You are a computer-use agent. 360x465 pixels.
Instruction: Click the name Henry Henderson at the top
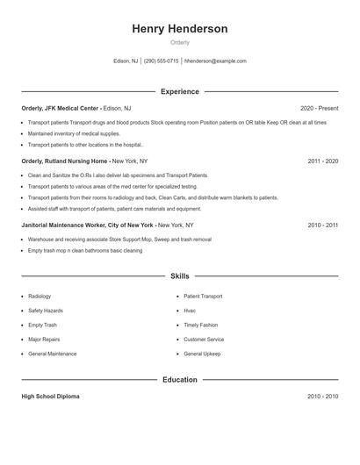tap(179, 29)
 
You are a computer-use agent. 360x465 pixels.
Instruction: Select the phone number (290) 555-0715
tap(161, 61)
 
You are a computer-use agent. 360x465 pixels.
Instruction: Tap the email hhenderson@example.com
tap(215, 61)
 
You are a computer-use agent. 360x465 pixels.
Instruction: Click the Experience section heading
tap(179, 91)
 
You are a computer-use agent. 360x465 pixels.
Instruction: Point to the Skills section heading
tap(179, 276)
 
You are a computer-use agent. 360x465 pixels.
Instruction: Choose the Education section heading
tap(179, 380)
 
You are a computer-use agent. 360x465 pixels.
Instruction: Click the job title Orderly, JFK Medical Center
tap(61, 108)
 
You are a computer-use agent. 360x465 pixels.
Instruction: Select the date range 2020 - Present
tap(319, 108)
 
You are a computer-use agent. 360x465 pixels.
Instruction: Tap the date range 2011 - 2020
tap(323, 161)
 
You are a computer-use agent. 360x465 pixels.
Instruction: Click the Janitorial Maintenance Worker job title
tap(89, 225)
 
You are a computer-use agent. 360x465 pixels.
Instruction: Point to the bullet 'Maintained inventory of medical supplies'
tap(74, 133)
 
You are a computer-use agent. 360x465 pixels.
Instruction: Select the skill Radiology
tap(40, 297)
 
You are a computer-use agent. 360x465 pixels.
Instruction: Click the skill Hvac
tap(190, 311)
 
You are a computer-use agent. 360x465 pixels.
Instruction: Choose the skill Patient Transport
tap(203, 297)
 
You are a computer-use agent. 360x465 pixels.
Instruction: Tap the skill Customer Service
tap(204, 340)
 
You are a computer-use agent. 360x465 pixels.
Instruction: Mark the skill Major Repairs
tap(44, 340)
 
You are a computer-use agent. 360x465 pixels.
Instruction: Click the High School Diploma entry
tap(50, 397)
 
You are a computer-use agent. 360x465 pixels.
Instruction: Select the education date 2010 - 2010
tap(323, 397)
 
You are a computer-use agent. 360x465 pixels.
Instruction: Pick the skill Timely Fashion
tap(201, 325)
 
